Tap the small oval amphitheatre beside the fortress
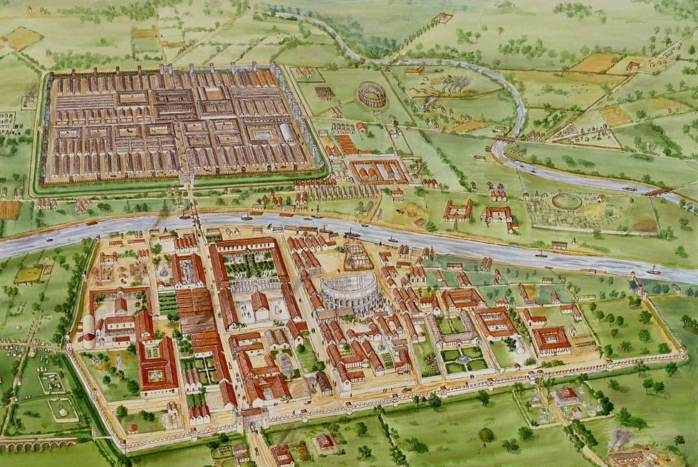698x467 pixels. [372, 95]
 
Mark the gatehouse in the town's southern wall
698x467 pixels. [253, 419]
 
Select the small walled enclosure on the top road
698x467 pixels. [445, 17]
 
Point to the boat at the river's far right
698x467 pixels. [653, 271]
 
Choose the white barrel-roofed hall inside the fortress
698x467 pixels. [286, 132]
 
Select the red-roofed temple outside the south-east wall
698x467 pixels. [567, 394]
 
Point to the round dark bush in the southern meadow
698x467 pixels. [486, 434]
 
